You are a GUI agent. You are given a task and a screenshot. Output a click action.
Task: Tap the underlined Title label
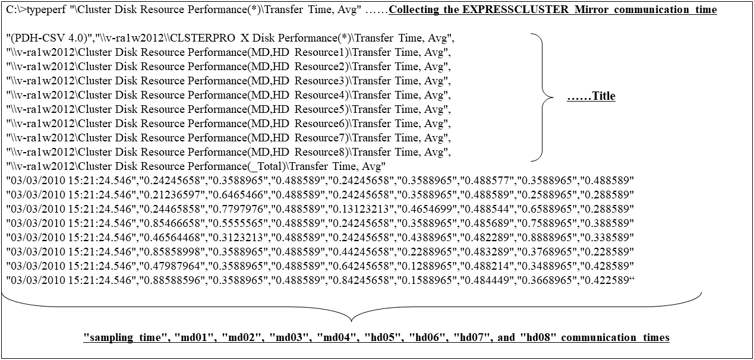tap(591, 96)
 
